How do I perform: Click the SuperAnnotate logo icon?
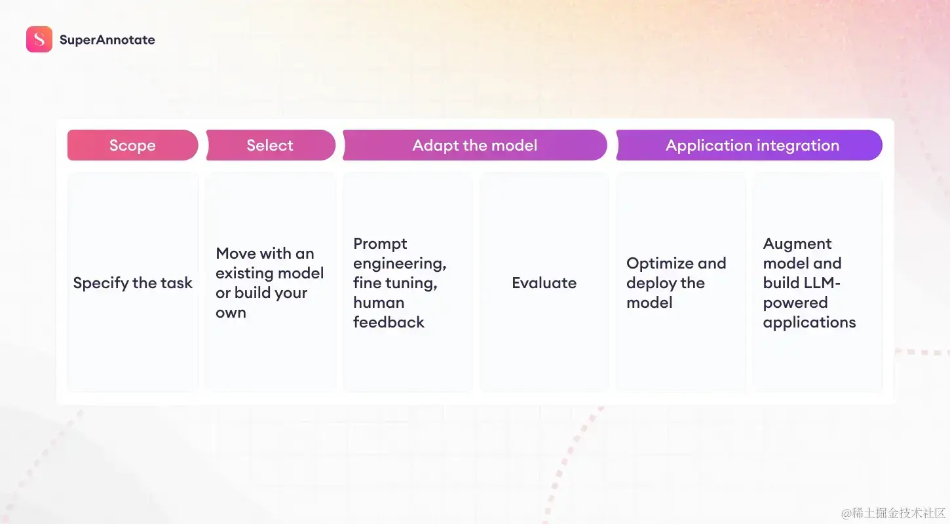pyautogui.click(x=39, y=39)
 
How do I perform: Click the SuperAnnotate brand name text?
pyautogui.click(x=107, y=40)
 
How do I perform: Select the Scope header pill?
pyautogui.click(x=133, y=145)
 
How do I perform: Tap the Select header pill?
pyautogui.click(x=271, y=145)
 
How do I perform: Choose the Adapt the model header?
pyautogui.click(x=475, y=145)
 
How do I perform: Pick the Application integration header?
pyautogui.click(x=750, y=145)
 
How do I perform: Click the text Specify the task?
pyautogui.click(x=133, y=283)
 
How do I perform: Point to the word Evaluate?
pyautogui.click(x=544, y=283)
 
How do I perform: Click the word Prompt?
pyautogui.click(x=380, y=244)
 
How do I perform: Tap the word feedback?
pyautogui.click(x=389, y=322)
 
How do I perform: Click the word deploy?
pyautogui.click(x=651, y=283)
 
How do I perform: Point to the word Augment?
pyautogui.click(x=797, y=244)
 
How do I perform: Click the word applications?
pyautogui.click(x=809, y=323)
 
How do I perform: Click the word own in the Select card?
pyautogui.click(x=231, y=313)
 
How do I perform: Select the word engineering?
pyautogui.click(x=400, y=264)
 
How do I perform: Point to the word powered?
pyautogui.click(x=795, y=303)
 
